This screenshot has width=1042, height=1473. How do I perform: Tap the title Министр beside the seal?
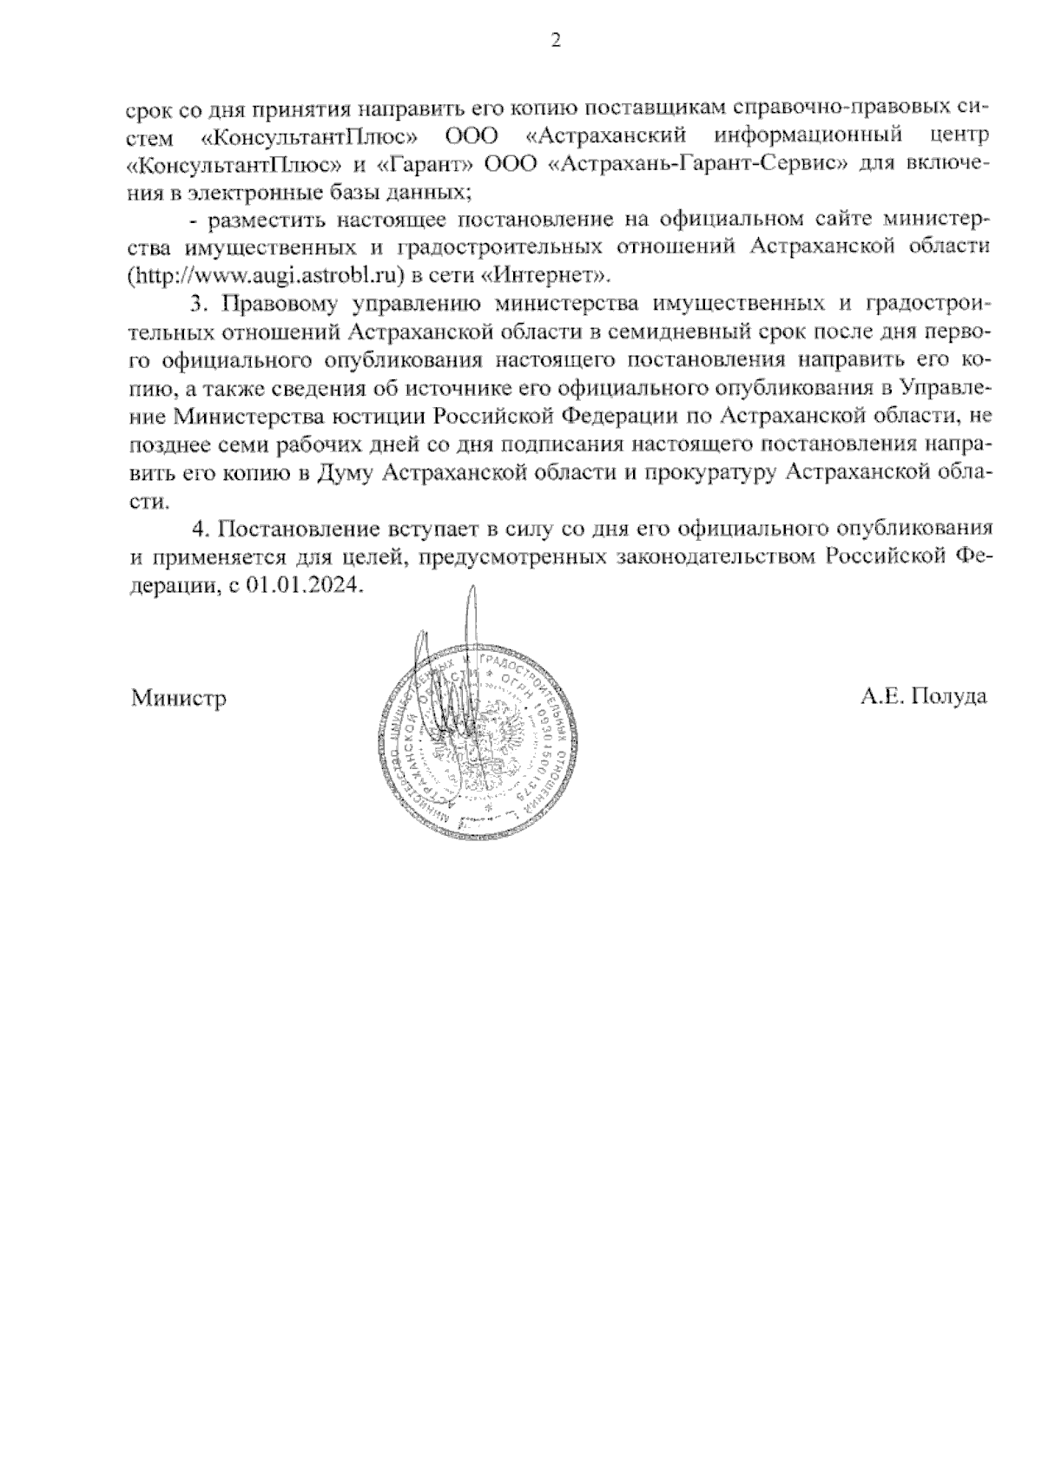tap(179, 698)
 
